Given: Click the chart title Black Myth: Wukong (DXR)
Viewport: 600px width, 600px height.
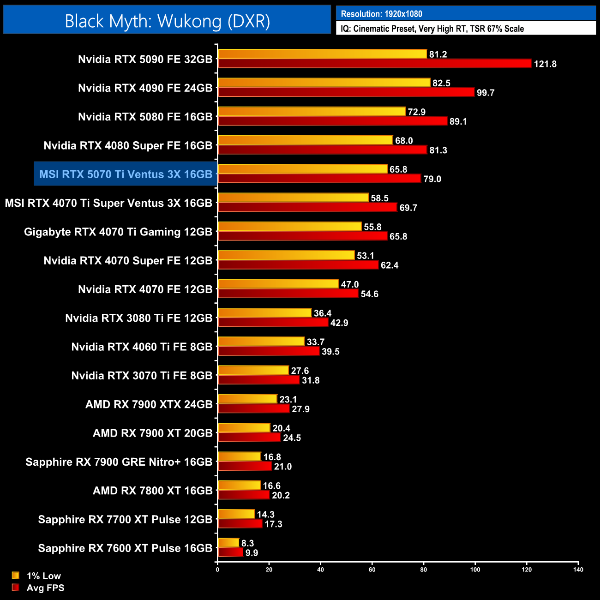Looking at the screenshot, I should [x=167, y=21].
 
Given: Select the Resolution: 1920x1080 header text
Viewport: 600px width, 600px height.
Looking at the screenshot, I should [x=381, y=14].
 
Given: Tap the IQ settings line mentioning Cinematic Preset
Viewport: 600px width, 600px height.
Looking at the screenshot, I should [x=432, y=29].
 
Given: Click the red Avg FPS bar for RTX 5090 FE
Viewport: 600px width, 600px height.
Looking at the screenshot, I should [x=374, y=64].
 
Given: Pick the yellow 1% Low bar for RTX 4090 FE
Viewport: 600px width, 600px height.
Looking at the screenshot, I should [x=324, y=83].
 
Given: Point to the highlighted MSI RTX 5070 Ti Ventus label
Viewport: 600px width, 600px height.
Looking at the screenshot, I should [x=126, y=174].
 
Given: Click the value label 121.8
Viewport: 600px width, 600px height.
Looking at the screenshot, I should [x=545, y=64].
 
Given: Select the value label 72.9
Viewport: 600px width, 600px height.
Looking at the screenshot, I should [x=416, y=112].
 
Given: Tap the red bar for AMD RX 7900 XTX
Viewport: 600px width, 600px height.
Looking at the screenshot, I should [x=253, y=409].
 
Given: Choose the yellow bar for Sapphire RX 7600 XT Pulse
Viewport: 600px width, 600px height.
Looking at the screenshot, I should [x=228, y=543].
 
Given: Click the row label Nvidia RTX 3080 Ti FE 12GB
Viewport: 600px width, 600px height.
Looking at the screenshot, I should [x=138, y=318].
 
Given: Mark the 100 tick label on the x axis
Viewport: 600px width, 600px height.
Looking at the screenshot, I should [x=475, y=570].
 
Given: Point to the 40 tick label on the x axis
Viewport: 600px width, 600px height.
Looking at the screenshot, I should [x=320, y=570].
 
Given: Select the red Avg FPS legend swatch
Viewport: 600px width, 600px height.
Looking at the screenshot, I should [x=16, y=588].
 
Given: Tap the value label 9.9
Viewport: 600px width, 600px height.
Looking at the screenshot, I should [x=252, y=553].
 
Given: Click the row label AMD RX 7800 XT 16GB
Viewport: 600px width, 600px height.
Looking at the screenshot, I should [x=152, y=491].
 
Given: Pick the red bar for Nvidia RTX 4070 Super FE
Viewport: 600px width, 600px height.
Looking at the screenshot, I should [x=298, y=265].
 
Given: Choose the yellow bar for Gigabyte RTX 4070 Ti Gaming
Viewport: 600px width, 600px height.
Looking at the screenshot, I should [x=289, y=227].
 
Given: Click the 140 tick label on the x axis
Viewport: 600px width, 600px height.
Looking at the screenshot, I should [x=578, y=570].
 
